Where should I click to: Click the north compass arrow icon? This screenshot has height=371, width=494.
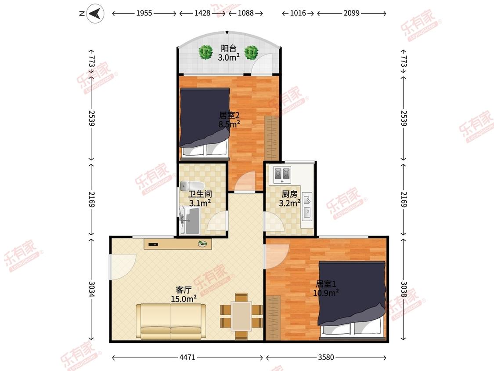pyautogui.click(x=95, y=14)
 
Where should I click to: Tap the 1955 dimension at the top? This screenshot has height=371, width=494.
pyautogui.click(x=144, y=13)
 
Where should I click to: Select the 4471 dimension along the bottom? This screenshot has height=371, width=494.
pyautogui.click(x=188, y=357)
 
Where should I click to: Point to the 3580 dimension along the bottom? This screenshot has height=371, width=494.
pyautogui.click(x=326, y=357)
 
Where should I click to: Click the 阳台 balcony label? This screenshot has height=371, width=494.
pyautogui.click(x=229, y=48)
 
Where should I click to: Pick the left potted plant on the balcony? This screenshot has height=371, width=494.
pyautogui.click(x=206, y=52)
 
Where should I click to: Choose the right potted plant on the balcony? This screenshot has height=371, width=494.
pyautogui.click(x=252, y=52)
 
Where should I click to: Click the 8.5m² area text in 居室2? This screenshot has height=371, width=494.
pyautogui.click(x=229, y=124)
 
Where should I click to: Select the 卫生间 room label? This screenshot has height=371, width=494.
pyautogui.click(x=200, y=194)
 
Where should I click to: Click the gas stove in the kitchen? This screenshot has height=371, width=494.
pyautogui.click(x=282, y=175)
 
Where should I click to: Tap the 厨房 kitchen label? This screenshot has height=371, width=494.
pyautogui.click(x=289, y=194)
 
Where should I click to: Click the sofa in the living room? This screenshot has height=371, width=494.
pyautogui.click(x=171, y=321)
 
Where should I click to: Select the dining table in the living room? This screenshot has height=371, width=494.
pyautogui.click(x=242, y=316)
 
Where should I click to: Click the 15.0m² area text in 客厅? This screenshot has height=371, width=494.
pyautogui.click(x=184, y=298)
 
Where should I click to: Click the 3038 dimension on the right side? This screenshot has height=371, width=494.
pyautogui.click(x=404, y=289)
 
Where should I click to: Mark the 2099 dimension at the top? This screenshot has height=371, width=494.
pyautogui.click(x=352, y=13)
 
